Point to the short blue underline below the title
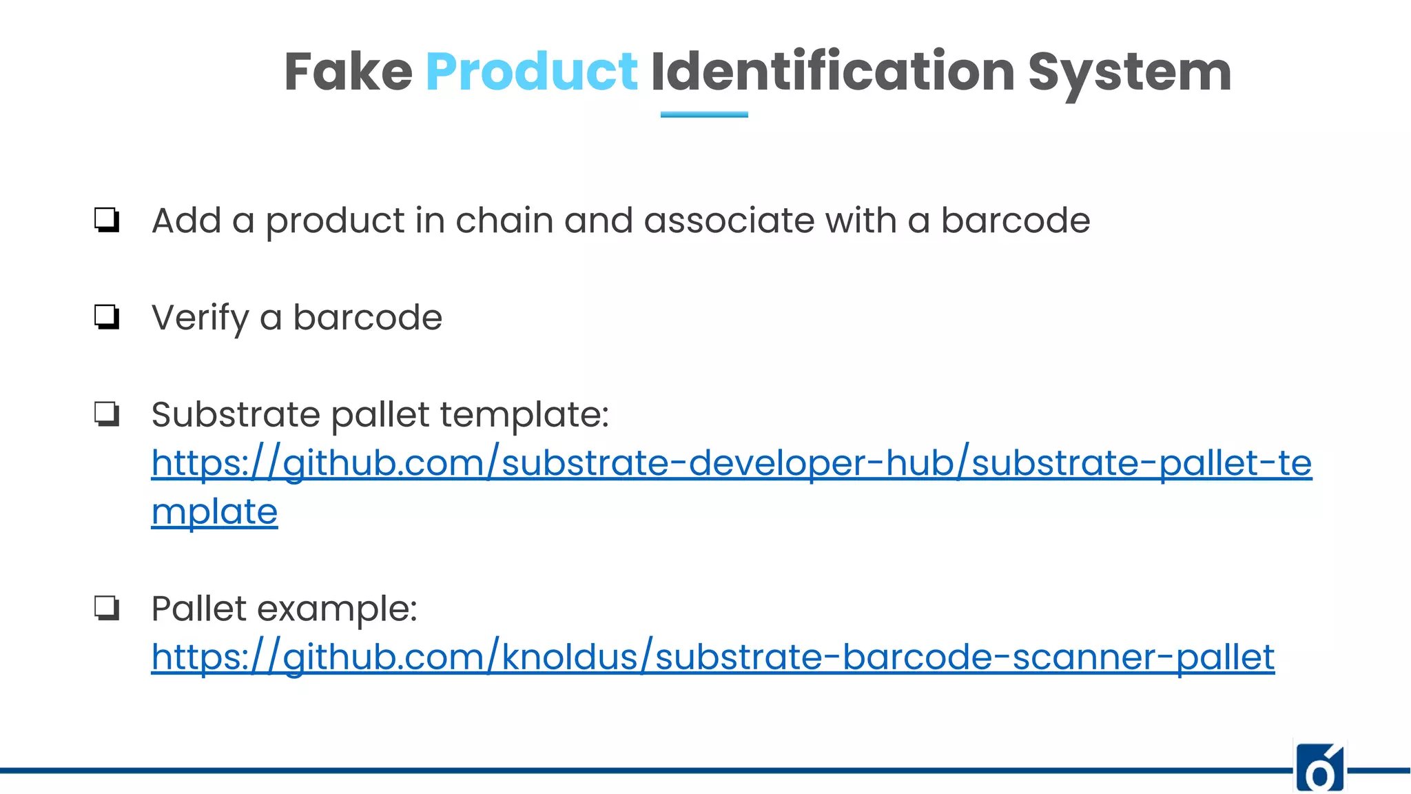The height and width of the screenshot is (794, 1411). point(704,114)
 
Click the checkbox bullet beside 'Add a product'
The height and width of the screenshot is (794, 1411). point(107,221)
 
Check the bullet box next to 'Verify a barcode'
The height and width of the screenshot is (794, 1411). point(107,317)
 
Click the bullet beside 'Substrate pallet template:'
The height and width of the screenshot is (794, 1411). point(107,414)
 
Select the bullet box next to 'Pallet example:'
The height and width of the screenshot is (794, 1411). point(107,608)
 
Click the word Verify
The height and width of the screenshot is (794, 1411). point(200,318)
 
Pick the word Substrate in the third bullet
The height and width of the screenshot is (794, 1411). point(236,415)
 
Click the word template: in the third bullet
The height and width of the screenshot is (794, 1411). point(524,415)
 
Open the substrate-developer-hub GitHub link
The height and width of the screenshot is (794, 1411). point(731,463)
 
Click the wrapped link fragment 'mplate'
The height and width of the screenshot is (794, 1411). point(214,512)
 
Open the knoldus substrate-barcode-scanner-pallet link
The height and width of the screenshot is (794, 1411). point(712,657)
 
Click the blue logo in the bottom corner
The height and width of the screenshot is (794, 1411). point(1320,767)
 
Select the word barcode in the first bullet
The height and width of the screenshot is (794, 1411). point(1016,221)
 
